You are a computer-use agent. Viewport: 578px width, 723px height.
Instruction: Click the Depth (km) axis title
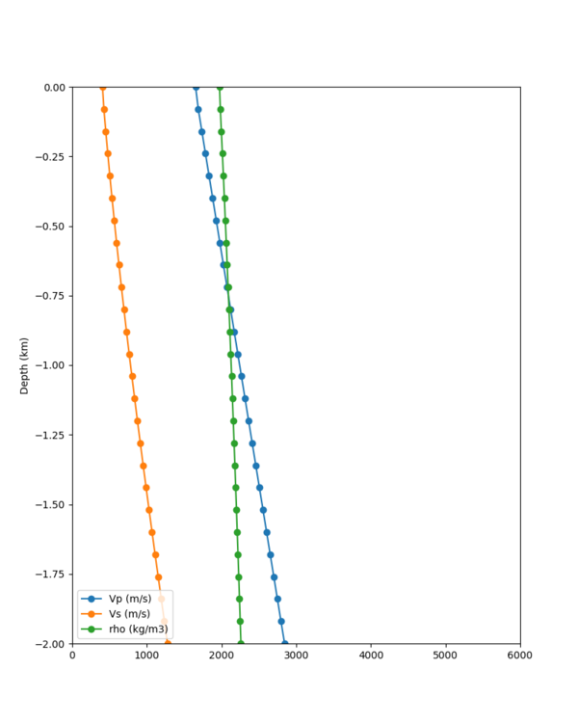click(24, 365)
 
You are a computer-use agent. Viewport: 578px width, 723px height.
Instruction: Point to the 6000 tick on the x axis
click(520, 656)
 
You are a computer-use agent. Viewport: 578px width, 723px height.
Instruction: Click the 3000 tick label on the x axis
click(297, 656)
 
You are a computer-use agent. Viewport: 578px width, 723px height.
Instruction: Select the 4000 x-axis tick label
click(371, 656)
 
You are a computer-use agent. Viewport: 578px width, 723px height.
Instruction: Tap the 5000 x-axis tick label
click(446, 656)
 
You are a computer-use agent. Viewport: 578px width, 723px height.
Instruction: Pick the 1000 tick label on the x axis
click(147, 656)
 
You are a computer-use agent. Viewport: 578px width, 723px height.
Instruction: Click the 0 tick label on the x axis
click(72, 656)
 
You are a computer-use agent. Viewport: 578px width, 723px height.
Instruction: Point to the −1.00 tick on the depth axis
click(49, 365)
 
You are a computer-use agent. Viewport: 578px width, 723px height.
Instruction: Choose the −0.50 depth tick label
click(49, 227)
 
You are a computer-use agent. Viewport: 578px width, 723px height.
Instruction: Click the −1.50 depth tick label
click(49, 504)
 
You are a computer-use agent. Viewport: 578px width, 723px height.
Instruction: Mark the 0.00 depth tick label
click(52, 88)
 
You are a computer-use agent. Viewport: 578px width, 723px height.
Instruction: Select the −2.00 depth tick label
click(49, 643)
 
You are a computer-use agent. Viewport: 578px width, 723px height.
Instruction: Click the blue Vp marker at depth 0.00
click(196, 88)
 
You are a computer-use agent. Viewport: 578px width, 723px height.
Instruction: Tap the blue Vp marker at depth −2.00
click(284, 643)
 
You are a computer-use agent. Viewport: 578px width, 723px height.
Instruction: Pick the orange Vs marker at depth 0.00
click(102, 88)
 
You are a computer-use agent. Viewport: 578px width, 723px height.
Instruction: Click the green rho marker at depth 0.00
click(219, 88)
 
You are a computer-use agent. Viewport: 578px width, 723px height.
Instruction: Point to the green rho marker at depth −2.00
click(241, 643)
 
